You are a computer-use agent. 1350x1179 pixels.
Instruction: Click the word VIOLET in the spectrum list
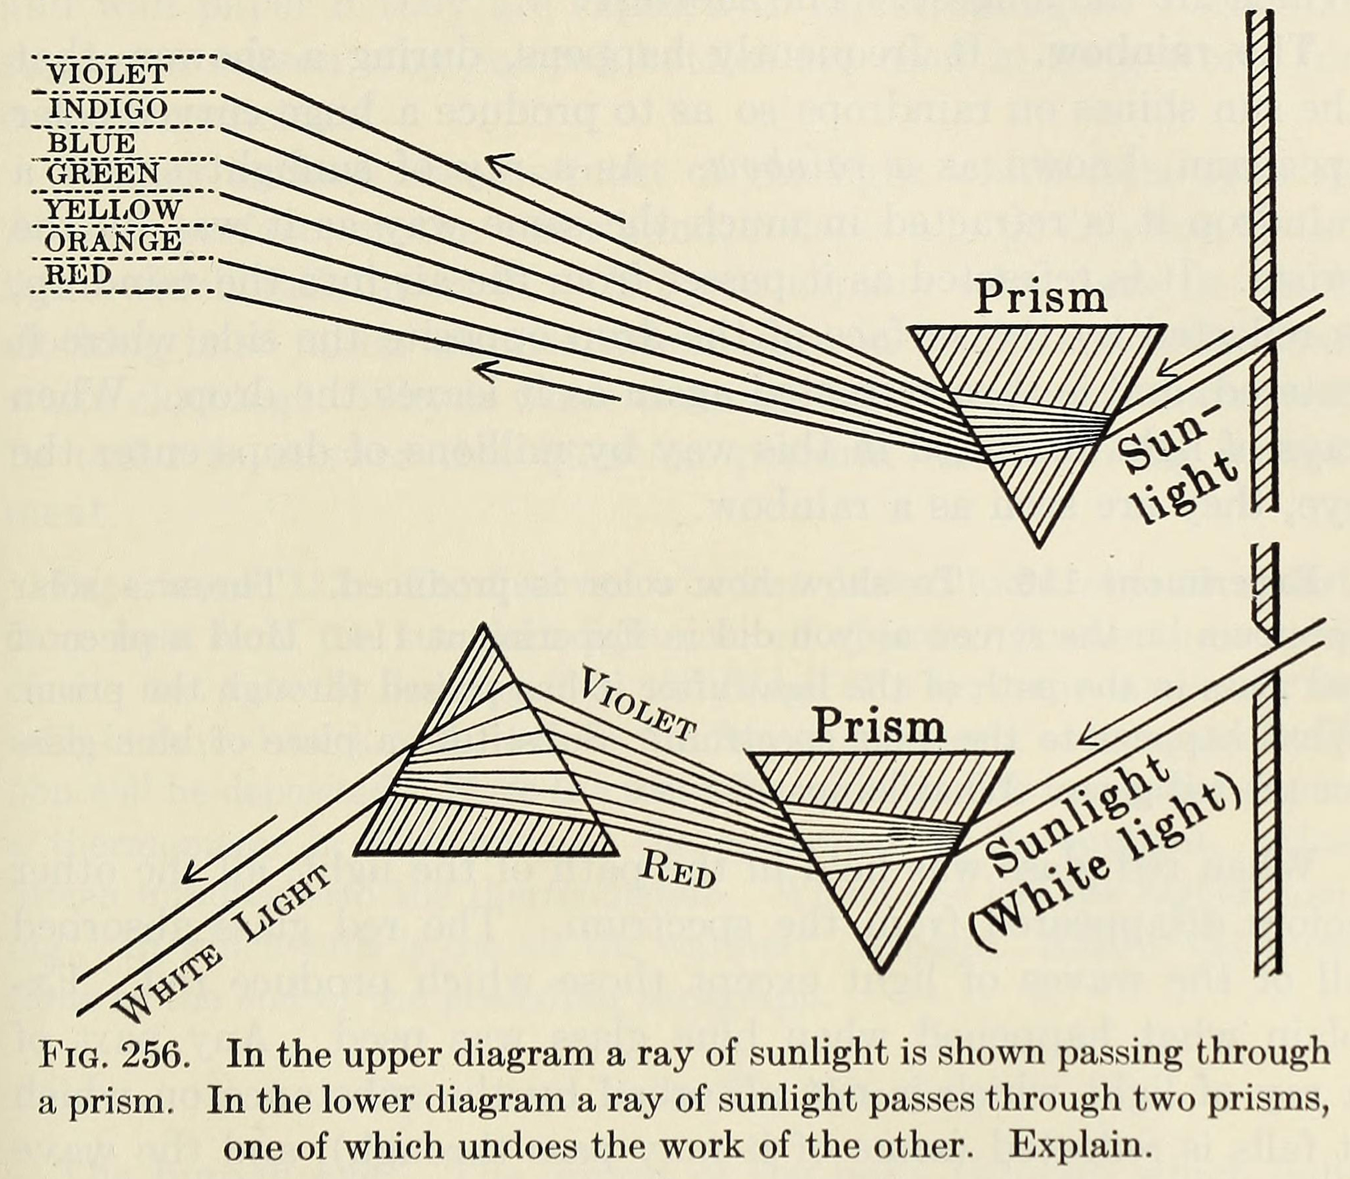pyautogui.click(x=109, y=74)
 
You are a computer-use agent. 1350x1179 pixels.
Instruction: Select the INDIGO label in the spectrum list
pyautogui.click(x=109, y=109)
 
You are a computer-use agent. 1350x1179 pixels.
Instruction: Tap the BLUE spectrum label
pyautogui.click(x=91, y=143)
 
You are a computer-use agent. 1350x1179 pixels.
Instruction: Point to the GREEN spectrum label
pyautogui.click(x=103, y=174)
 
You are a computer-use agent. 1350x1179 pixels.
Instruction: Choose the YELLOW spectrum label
pyautogui.click(x=112, y=210)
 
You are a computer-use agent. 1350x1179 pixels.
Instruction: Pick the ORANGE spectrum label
pyautogui.click(x=112, y=241)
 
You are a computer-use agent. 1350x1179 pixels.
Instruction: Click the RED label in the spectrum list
pyautogui.click(x=78, y=274)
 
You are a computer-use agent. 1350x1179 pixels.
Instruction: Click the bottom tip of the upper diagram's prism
pyautogui.click(x=1039, y=547)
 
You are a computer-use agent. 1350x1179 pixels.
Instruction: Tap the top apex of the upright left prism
pyautogui.click(x=485, y=623)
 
